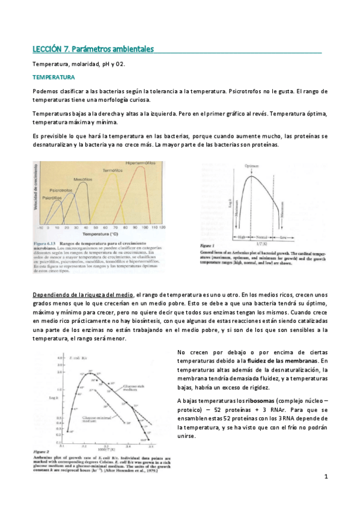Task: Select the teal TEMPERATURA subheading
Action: [53, 78]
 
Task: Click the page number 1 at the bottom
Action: [325, 477]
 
